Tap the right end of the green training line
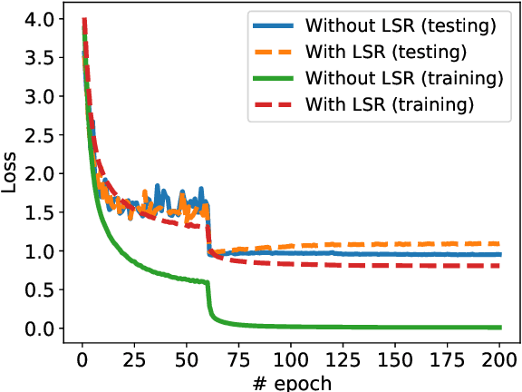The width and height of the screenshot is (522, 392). point(499,327)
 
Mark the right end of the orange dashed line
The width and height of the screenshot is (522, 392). point(499,243)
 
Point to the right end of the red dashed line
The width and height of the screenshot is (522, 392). point(499,265)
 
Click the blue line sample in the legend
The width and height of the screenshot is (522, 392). point(275,25)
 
